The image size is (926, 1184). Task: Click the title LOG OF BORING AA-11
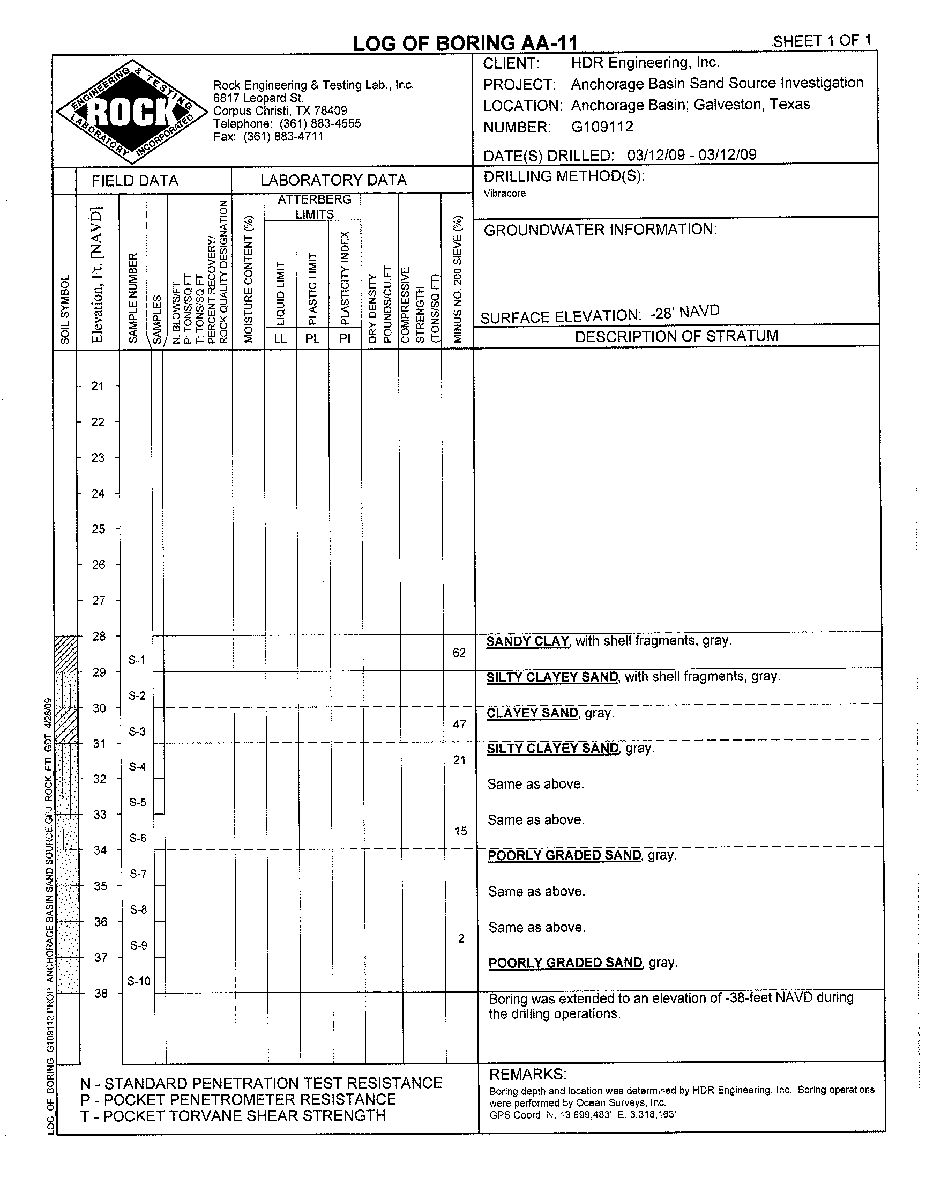[465, 43]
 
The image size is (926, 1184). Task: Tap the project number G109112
[602, 127]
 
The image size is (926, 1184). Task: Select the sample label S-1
[137, 660]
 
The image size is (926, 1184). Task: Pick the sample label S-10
[138, 981]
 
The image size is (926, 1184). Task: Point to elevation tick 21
[98, 386]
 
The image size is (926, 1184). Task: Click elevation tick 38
[101, 994]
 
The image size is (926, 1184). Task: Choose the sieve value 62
[459, 653]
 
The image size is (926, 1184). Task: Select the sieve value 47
[460, 724]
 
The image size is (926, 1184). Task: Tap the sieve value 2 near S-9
[461, 938]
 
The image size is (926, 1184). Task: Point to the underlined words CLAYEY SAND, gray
[550, 713]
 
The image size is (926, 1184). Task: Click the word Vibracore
[505, 194]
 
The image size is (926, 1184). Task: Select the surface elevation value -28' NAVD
[685, 313]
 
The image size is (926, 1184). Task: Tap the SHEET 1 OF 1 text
[822, 41]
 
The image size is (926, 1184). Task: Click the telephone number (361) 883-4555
[320, 124]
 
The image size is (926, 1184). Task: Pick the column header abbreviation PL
[313, 339]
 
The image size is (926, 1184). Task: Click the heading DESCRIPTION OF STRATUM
[676, 336]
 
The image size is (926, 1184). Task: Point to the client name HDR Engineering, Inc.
[645, 63]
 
